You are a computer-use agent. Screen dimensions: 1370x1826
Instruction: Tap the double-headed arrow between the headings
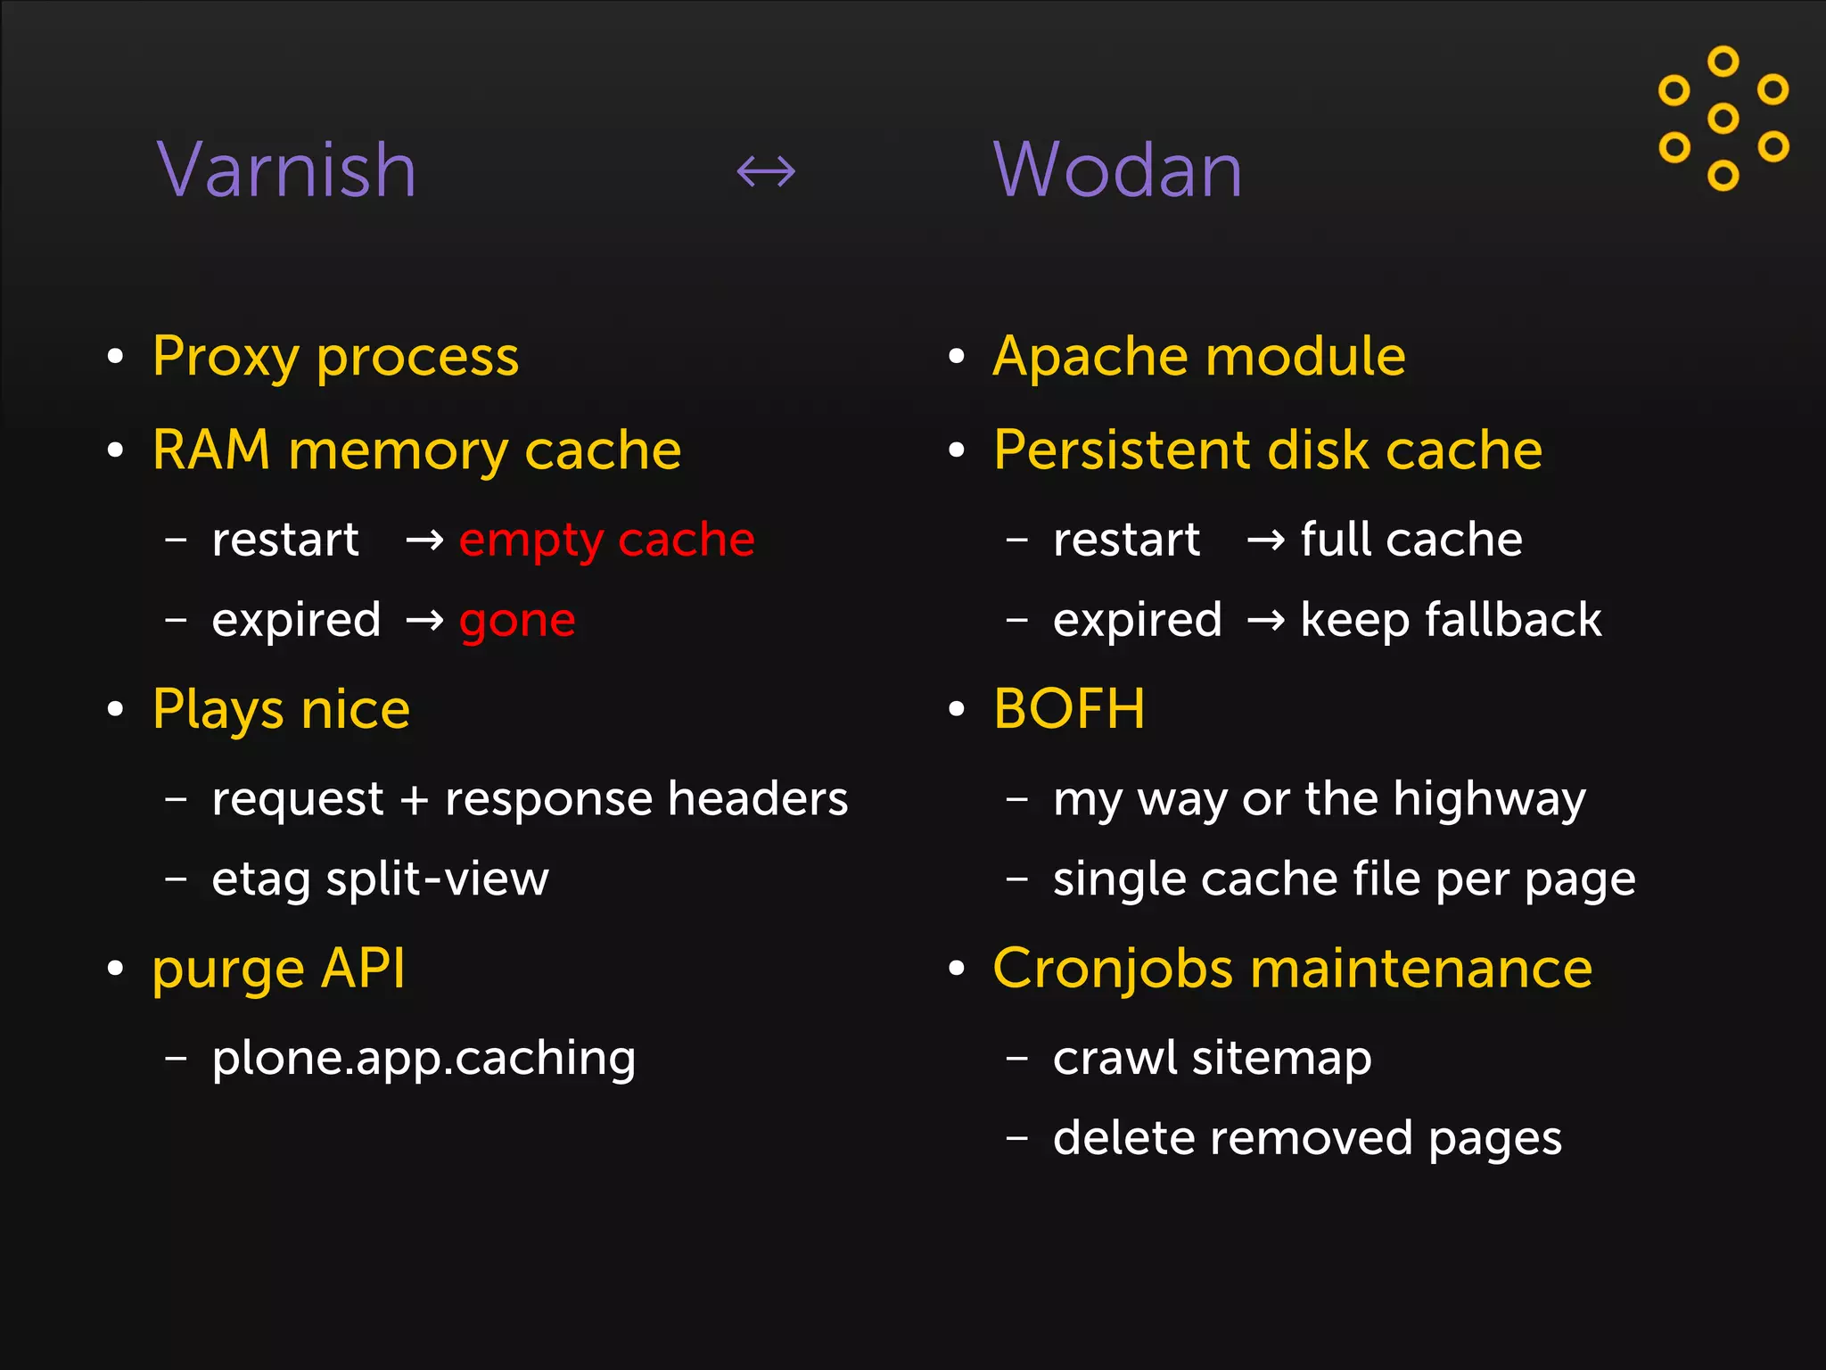(766, 170)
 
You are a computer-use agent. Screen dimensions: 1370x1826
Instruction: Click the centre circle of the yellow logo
(1723, 118)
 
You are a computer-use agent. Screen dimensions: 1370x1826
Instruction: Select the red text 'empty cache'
(606, 540)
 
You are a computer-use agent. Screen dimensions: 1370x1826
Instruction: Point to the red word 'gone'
(517, 621)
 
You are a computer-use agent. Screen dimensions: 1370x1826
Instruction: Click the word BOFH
(1069, 709)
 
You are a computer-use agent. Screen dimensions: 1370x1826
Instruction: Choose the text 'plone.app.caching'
(424, 1059)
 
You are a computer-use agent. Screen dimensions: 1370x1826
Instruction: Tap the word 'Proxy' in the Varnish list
(225, 357)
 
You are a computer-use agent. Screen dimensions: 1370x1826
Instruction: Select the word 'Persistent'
(1121, 450)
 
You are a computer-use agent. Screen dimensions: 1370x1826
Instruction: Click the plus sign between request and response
(415, 799)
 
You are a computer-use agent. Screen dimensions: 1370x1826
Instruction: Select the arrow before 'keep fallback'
(1265, 619)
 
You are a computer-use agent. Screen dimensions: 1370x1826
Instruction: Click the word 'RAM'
(211, 450)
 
